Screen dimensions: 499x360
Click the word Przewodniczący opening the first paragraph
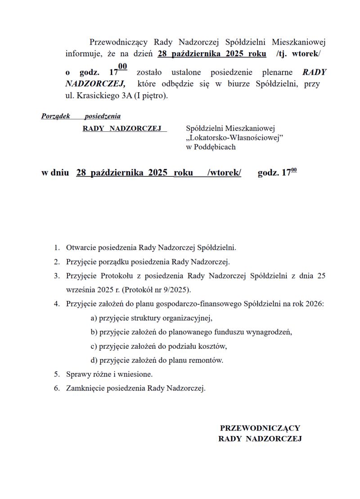coord(118,43)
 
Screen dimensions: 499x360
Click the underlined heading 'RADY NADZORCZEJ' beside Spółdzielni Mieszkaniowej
coord(122,129)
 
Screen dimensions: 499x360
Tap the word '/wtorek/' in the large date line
coord(224,173)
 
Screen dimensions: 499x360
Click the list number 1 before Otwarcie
coord(57,247)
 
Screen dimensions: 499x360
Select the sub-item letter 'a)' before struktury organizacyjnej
coord(94,318)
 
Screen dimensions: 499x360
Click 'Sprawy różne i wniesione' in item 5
coord(109,374)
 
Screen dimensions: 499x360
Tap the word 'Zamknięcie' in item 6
coord(84,388)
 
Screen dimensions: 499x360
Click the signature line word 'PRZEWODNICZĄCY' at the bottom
coord(260,428)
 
